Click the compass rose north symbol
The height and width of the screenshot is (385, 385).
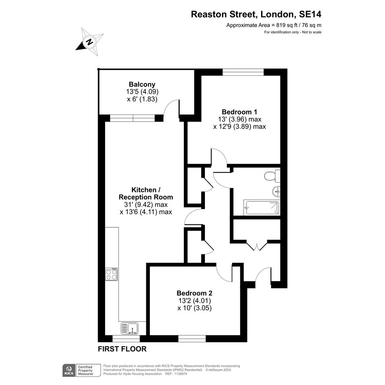[90, 42]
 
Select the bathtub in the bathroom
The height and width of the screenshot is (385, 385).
[262, 207]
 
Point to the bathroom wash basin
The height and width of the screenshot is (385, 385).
[276, 191]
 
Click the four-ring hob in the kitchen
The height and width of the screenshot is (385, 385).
[111, 274]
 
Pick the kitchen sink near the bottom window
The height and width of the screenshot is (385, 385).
[130, 328]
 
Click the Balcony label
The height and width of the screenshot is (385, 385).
[142, 84]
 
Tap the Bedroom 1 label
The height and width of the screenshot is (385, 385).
[240, 112]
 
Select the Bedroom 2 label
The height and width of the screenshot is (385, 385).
[194, 293]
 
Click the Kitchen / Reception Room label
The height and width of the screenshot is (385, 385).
[146, 194]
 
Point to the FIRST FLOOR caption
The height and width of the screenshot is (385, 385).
[122, 349]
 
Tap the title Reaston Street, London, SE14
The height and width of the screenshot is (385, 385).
[256, 14]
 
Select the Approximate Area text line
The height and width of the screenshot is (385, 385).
[274, 25]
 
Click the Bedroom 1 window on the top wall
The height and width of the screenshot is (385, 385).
[243, 72]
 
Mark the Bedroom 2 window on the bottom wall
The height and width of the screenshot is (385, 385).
[192, 339]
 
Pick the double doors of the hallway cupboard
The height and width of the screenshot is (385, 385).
[257, 246]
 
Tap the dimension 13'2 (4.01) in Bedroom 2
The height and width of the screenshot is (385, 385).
[195, 301]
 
